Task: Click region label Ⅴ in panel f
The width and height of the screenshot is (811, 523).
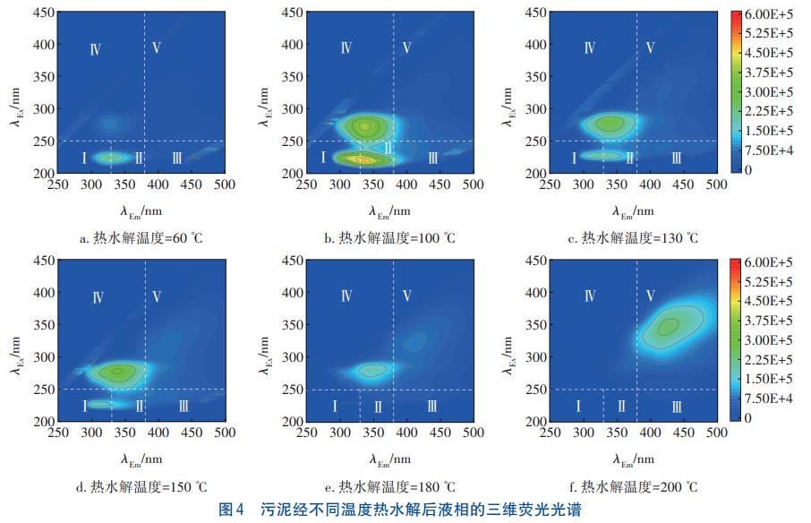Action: click(x=649, y=296)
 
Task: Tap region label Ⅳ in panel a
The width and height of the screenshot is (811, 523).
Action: click(x=96, y=48)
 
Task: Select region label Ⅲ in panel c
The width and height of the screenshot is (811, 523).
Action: click(x=676, y=159)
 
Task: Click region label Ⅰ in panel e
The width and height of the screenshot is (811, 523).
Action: click(x=335, y=407)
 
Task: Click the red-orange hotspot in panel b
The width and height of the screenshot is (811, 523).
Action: click(x=361, y=159)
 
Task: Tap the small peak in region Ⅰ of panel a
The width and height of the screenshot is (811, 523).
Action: click(x=111, y=158)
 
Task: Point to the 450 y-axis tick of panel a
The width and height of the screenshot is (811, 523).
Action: click(x=44, y=13)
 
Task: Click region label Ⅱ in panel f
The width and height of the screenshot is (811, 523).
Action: click(x=622, y=407)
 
